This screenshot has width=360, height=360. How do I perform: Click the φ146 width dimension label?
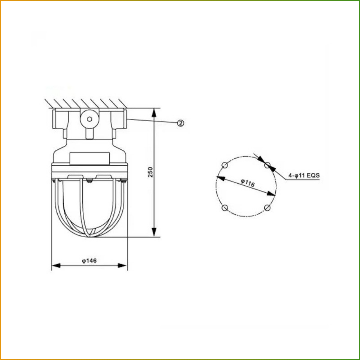click(89, 261)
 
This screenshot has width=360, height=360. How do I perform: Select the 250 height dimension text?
click(150, 172)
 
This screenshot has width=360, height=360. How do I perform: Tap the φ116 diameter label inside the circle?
click(248, 183)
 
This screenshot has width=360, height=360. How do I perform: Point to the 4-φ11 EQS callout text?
click(304, 176)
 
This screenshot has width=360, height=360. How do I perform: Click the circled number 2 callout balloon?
click(181, 123)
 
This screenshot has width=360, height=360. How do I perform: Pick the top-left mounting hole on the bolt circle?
click(225, 165)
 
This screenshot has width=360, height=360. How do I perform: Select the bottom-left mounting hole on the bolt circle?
click(225, 208)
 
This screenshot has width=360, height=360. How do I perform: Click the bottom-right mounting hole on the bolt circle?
click(267, 208)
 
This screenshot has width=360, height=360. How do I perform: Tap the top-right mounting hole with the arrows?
click(267, 165)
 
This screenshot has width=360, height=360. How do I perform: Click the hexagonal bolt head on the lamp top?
click(90, 119)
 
